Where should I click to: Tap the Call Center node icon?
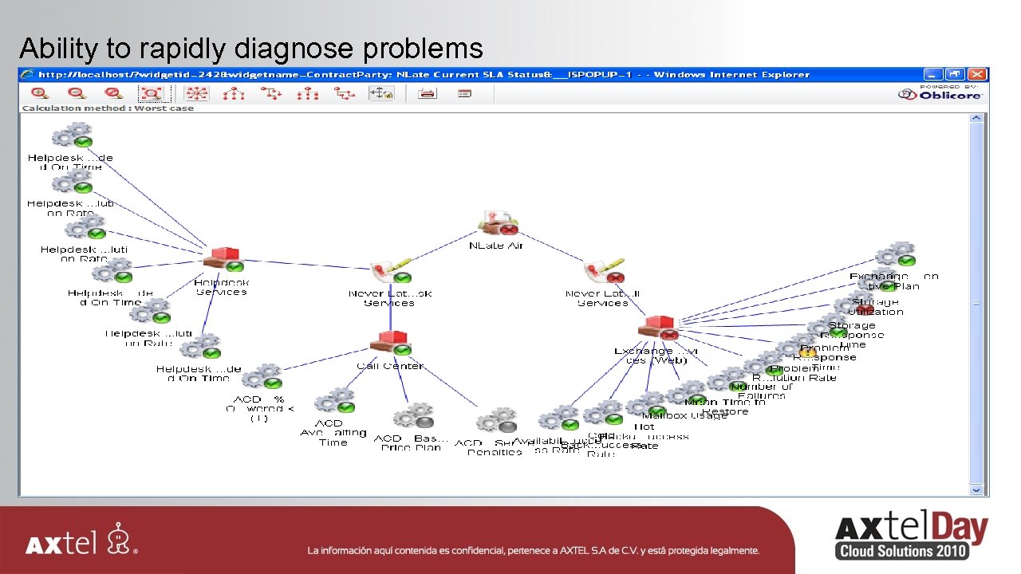(x=390, y=344)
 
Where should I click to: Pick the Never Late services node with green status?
(x=391, y=271)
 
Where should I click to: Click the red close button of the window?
(x=980, y=74)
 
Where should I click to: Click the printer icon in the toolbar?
(x=428, y=93)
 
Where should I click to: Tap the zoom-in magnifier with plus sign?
(x=40, y=93)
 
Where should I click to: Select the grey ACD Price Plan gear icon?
(x=413, y=417)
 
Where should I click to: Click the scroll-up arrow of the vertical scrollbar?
(x=976, y=118)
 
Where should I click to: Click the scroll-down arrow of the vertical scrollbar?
(x=976, y=489)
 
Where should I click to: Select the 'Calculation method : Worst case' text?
(x=108, y=108)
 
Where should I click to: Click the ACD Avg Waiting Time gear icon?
(x=334, y=401)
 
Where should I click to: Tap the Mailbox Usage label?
(x=684, y=415)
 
